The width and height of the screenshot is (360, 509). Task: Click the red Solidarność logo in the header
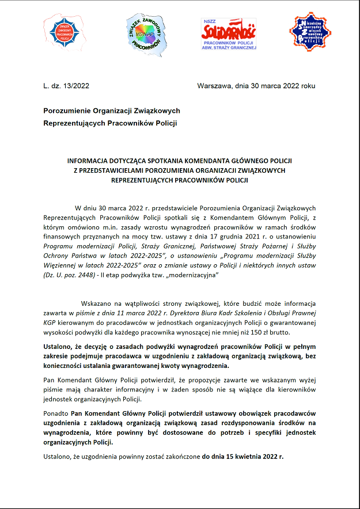229,36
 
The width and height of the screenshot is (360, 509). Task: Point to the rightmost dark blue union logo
310,33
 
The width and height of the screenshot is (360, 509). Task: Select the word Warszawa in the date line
214,86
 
